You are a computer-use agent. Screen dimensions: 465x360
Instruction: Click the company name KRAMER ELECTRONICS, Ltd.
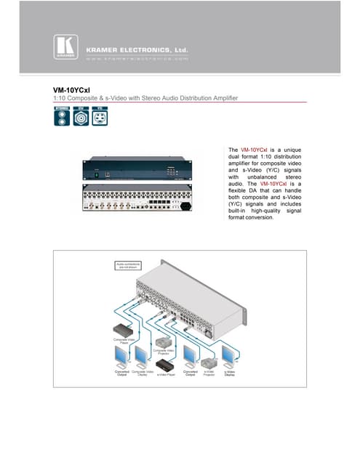click(131, 49)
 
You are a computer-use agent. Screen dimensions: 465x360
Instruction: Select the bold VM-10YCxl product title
click(69, 90)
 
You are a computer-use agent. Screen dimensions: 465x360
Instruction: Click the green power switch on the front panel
click(94, 173)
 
